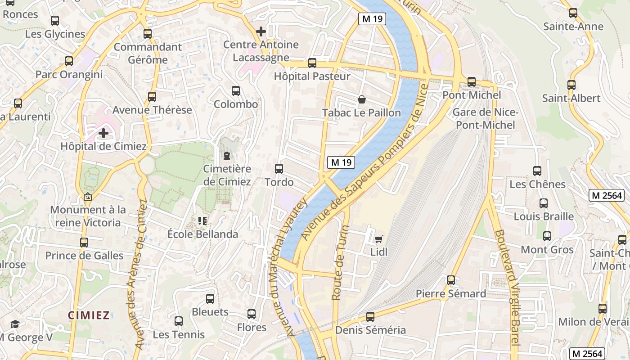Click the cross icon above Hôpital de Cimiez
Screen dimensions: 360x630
(103, 133)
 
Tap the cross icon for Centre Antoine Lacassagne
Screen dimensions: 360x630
(261, 31)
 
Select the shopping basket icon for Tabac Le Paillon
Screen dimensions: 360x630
(361, 99)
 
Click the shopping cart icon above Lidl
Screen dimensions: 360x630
(378, 239)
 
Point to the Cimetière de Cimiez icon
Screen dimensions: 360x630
(227, 156)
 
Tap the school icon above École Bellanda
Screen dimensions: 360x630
(202, 221)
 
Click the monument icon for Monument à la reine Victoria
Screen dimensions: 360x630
(88, 197)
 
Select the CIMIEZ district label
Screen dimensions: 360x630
(89, 315)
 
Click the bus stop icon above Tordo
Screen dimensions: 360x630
(279, 169)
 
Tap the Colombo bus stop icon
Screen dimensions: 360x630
(236, 91)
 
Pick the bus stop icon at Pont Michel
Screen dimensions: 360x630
(472, 82)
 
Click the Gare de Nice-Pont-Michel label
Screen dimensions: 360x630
(486, 119)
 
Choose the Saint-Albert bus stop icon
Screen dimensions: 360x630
(571, 85)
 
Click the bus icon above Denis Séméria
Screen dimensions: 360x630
(370, 317)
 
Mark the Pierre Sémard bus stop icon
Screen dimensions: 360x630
(451, 280)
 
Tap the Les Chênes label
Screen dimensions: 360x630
(537, 184)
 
